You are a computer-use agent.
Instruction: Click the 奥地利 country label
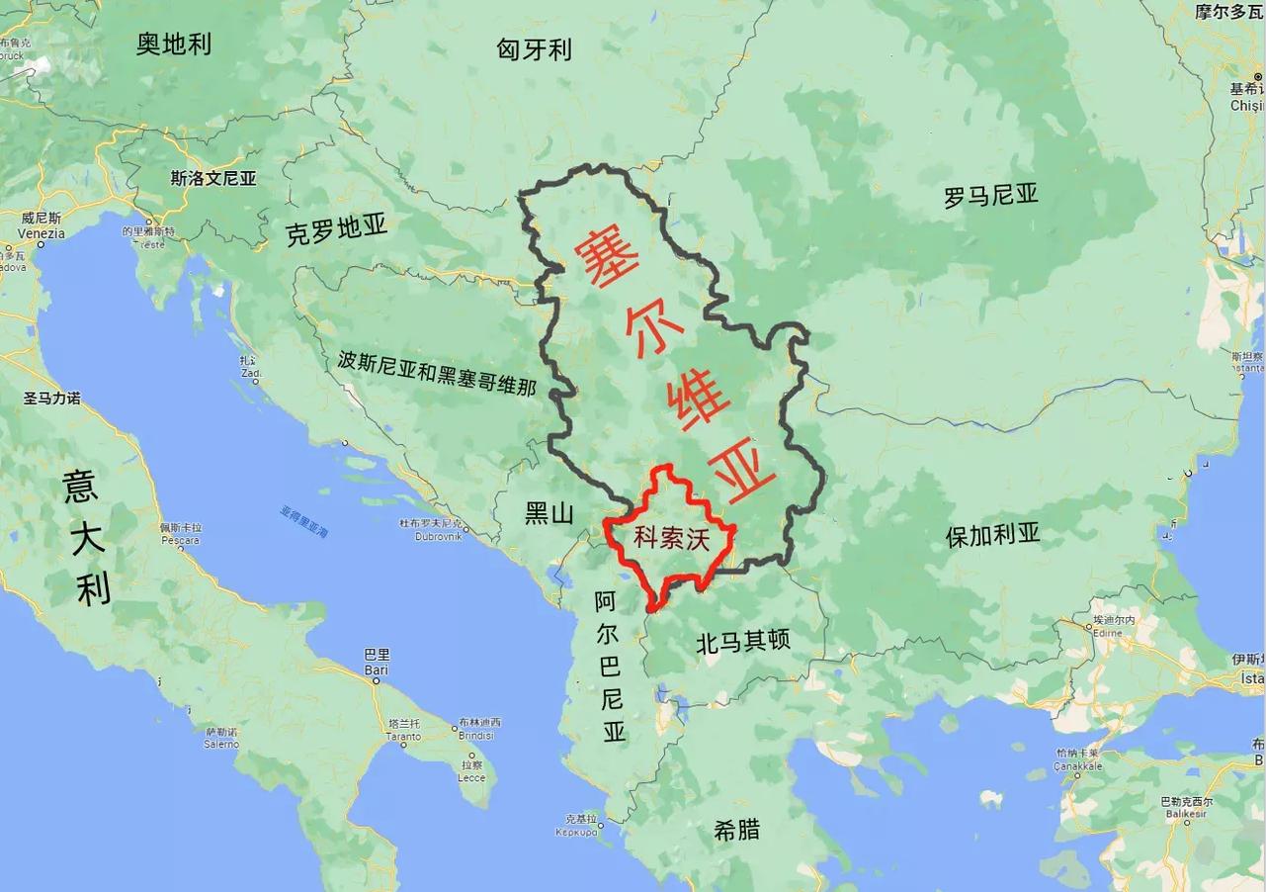pyautogui.click(x=174, y=44)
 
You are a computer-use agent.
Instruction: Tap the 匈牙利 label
pyautogui.click(x=534, y=49)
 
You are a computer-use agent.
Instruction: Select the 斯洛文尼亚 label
pyautogui.click(x=212, y=179)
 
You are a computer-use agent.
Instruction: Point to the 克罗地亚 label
pyautogui.click(x=336, y=230)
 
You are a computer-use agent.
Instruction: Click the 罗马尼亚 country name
pyautogui.click(x=990, y=196)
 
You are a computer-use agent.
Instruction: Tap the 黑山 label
pyautogui.click(x=549, y=512)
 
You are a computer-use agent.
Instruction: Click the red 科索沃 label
pyautogui.click(x=672, y=540)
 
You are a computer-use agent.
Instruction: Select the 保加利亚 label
pyautogui.click(x=992, y=535)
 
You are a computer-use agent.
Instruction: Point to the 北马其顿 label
pyautogui.click(x=743, y=642)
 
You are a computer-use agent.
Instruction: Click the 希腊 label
pyautogui.click(x=737, y=829)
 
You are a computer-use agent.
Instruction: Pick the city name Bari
pyautogui.click(x=377, y=669)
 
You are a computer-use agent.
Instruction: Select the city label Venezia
pyautogui.click(x=42, y=233)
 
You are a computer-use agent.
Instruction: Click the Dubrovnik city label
pyautogui.click(x=431, y=536)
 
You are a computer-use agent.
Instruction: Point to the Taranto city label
pyautogui.click(x=403, y=737)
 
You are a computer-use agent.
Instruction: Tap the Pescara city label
pyautogui.click(x=181, y=540)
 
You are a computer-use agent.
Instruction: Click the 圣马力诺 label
pyautogui.click(x=51, y=399)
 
